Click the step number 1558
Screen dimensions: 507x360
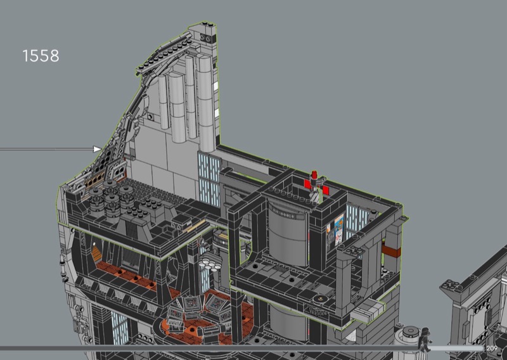pos(41,56)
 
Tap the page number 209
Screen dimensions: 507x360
pos(492,349)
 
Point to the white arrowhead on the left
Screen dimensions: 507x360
pos(98,149)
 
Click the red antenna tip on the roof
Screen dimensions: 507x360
pos(314,175)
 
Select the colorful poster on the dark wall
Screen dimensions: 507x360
pos(339,229)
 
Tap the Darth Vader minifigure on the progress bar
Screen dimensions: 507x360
pos(424,340)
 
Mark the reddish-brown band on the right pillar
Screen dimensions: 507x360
pos(391,251)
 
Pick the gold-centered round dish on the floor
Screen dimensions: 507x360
pos(321,299)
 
